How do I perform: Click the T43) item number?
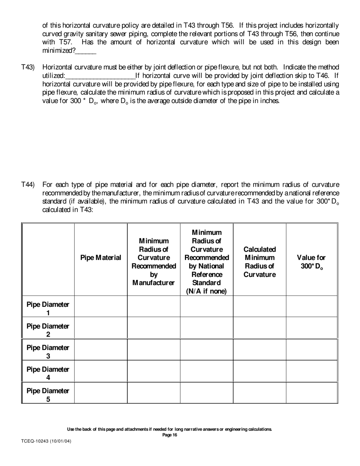click(x=28, y=67)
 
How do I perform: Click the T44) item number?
click(x=28, y=185)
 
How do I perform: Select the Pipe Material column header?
click(x=101, y=258)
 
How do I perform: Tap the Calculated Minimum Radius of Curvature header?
click(x=260, y=262)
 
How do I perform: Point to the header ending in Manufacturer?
click(x=153, y=262)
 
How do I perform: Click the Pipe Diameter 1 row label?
click(x=48, y=308)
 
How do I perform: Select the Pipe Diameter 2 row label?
click(x=48, y=330)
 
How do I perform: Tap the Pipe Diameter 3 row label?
click(x=48, y=352)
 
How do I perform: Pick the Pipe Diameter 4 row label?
click(x=48, y=373)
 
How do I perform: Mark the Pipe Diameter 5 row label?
click(x=48, y=395)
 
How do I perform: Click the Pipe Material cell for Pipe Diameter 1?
click(x=101, y=306)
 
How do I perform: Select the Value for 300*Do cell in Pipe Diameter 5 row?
click(x=312, y=393)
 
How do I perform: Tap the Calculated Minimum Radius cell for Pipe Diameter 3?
click(x=260, y=350)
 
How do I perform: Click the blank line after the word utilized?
click(x=100, y=76)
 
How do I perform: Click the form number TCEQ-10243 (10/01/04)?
click(x=46, y=441)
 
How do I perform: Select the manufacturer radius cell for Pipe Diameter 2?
click(x=153, y=328)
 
